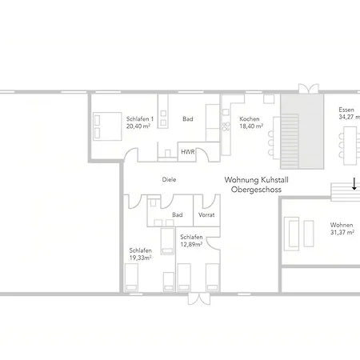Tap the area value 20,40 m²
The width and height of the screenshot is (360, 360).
click(138, 126)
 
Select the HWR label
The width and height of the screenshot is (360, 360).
click(187, 151)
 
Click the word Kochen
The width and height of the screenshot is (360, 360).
click(250, 118)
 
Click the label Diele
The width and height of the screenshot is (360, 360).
click(169, 180)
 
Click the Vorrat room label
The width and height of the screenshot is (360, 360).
click(206, 214)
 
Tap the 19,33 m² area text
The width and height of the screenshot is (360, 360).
click(141, 258)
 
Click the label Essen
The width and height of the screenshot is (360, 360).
click(346, 109)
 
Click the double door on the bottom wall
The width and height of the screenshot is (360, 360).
click(196, 299)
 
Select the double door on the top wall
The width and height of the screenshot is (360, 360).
click(307, 88)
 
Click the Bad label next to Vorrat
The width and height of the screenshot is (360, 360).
click(177, 214)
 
